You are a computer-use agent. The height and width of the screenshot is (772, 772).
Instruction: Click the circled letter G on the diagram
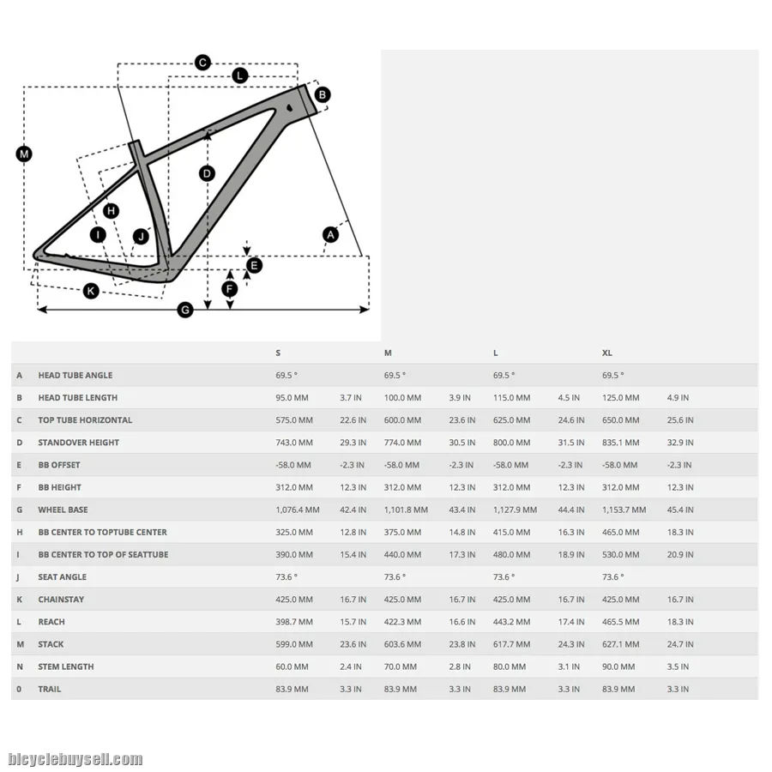(x=185, y=310)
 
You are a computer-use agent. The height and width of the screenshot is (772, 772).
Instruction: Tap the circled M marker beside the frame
(x=24, y=154)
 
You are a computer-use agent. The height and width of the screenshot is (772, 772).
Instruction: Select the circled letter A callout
(x=330, y=234)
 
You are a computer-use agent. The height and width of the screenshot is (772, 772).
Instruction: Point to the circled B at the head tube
(x=322, y=94)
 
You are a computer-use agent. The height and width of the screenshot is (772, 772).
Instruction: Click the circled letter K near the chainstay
(x=91, y=291)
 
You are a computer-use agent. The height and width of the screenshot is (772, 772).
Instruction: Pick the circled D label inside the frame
(x=207, y=173)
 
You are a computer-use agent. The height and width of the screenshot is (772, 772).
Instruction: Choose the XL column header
(x=607, y=353)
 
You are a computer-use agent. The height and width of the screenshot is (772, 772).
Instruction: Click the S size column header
(x=278, y=353)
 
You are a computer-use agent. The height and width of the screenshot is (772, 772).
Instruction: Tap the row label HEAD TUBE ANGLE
(x=75, y=376)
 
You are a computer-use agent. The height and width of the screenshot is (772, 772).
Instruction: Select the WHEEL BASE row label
(x=63, y=510)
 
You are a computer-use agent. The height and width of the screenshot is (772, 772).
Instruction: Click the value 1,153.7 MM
(x=624, y=510)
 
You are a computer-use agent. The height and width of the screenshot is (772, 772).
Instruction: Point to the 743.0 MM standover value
(x=294, y=443)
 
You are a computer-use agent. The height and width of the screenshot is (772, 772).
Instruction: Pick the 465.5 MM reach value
(x=620, y=622)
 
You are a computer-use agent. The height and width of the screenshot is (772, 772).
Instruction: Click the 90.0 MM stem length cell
(x=618, y=666)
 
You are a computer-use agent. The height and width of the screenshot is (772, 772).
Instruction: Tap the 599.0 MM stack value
(x=294, y=644)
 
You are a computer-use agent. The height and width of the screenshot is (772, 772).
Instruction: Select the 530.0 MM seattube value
(x=620, y=555)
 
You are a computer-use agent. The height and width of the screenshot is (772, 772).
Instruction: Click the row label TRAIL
(x=50, y=689)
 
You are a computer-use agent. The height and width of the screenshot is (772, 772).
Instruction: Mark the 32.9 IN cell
(x=680, y=443)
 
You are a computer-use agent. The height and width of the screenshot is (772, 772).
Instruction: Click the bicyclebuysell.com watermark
(x=75, y=759)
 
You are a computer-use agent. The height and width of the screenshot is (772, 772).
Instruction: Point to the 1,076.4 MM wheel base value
(x=298, y=510)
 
